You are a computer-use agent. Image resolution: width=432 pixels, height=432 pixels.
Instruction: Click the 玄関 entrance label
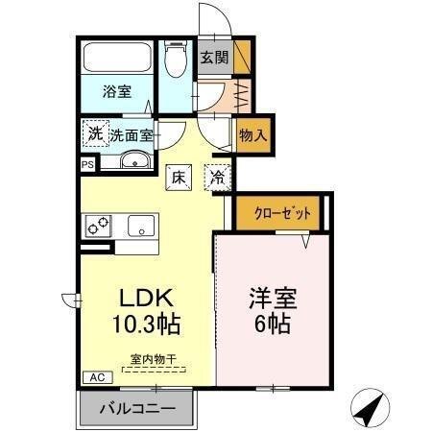(x=213, y=57)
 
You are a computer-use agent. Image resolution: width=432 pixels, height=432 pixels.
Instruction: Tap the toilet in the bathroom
(x=174, y=63)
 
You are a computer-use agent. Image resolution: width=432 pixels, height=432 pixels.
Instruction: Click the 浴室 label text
(x=117, y=93)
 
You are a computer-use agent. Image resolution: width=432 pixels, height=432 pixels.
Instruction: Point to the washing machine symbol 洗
(x=95, y=132)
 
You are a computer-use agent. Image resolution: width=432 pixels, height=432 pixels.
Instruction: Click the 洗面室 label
(x=132, y=134)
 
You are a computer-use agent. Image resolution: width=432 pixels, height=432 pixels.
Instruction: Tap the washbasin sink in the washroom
(x=132, y=160)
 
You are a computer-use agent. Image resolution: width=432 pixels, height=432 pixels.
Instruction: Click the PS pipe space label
(x=87, y=165)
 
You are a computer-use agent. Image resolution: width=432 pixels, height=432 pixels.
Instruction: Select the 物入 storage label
(x=252, y=136)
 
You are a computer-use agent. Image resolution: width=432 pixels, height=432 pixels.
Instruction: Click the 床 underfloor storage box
(x=179, y=177)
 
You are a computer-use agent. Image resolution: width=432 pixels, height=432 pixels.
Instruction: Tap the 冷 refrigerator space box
(x=218, y=177)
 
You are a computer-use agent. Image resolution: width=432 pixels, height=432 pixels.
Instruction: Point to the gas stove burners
(x=99, y=227)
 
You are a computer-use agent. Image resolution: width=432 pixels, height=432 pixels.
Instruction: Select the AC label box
(x=96, y=377)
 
